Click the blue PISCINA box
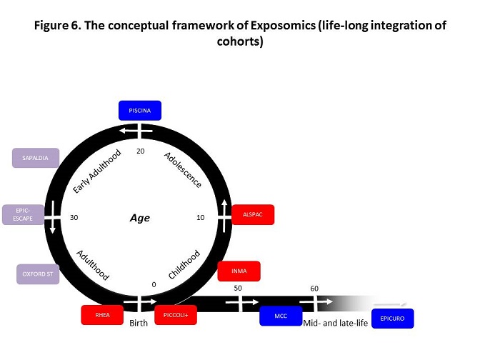coord(140,111)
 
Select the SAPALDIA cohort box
coord(36,158)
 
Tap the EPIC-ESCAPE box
coord(23,214)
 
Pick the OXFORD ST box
coord(38,274)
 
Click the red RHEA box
coord(102,315)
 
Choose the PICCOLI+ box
coord(176,315)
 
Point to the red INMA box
coord(239,271)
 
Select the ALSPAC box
coord(253,214)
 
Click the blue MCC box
coord(281,316)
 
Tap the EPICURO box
coord(393,319)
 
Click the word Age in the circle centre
coord(140,218)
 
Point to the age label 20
coord(141,151)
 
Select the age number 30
coord(74,218)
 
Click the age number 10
coord(201,218)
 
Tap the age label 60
coord(314,289)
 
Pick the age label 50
coord(238,288)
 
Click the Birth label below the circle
coord(139,323)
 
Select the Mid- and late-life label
coord(336,323)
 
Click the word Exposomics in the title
coord(283,25)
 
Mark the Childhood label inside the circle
coord(184,264)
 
